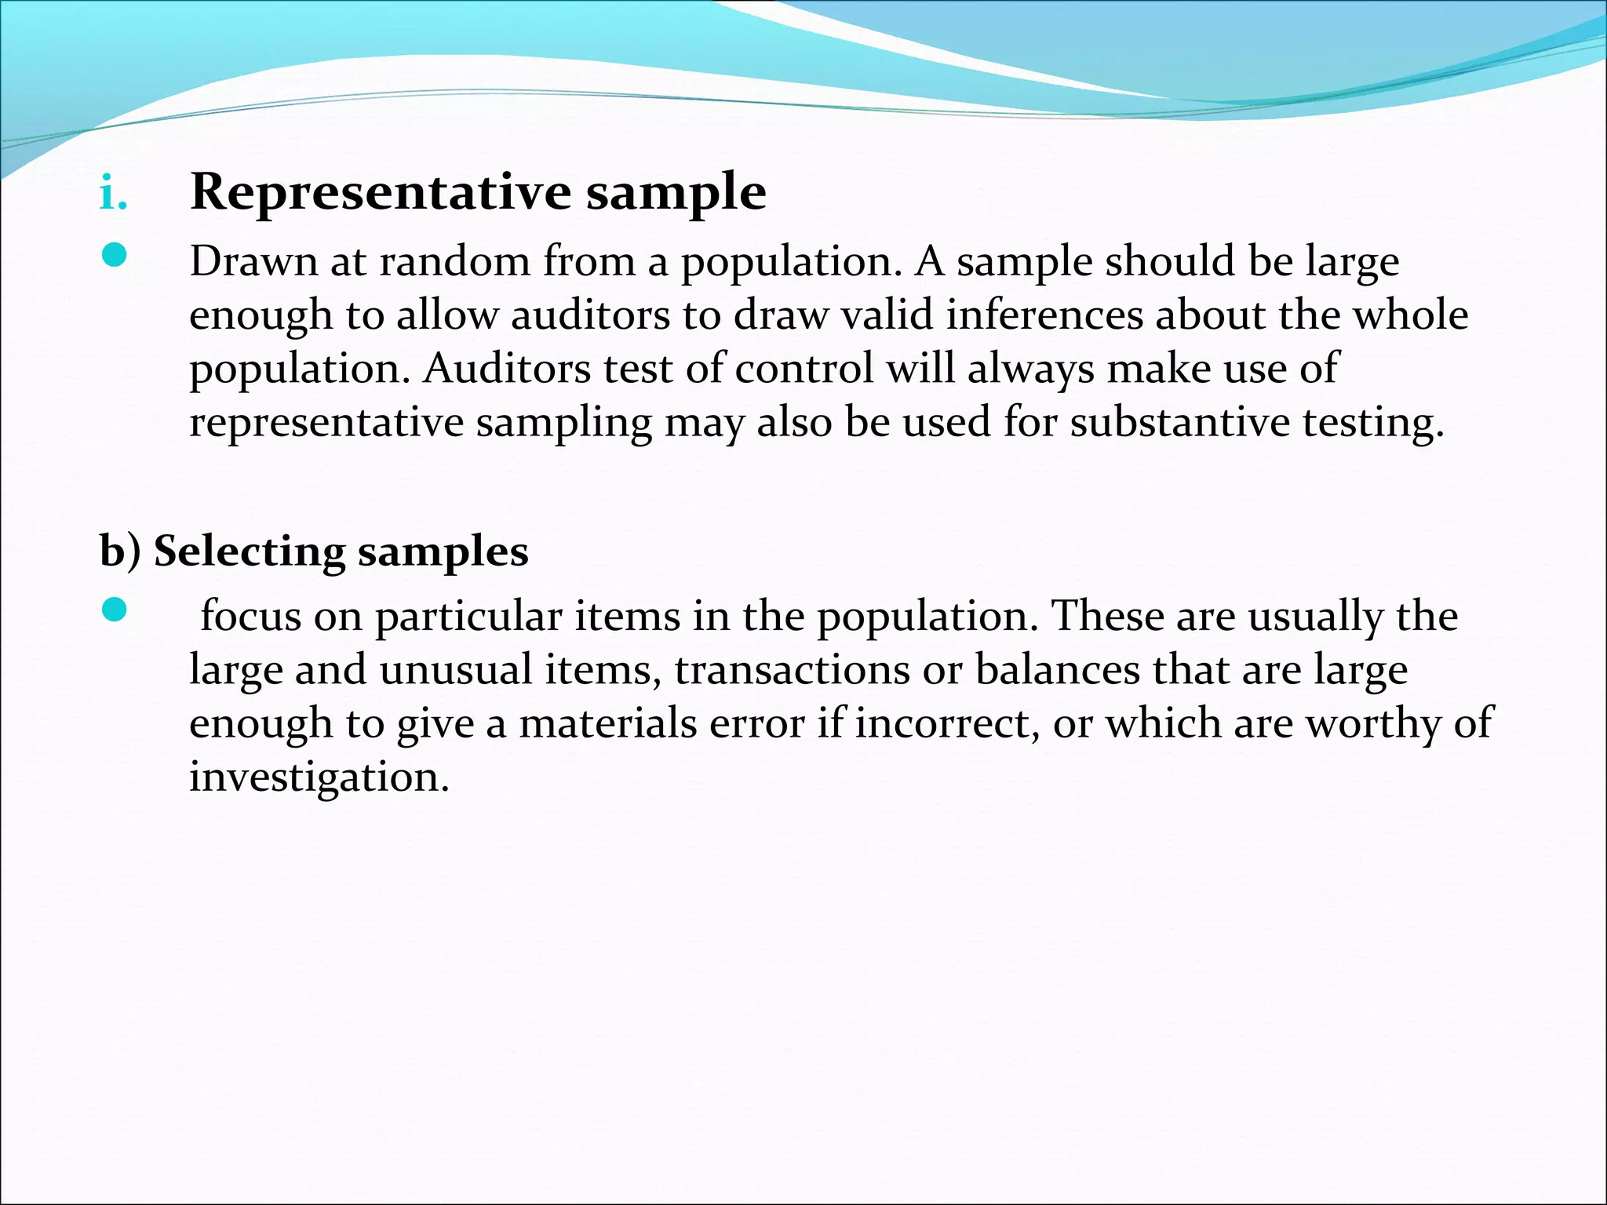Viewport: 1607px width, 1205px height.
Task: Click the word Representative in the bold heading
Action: click(381, 192)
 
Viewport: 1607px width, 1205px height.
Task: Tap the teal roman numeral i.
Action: click(113, 194)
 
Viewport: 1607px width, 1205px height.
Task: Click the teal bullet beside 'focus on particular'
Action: click(115, 610)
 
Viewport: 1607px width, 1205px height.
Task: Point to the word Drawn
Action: click(253, 261)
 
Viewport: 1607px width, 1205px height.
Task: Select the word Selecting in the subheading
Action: click(250, 551)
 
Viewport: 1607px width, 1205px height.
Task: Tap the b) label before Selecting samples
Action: click(120, 551)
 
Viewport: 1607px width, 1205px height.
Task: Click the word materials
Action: click(608, 723)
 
